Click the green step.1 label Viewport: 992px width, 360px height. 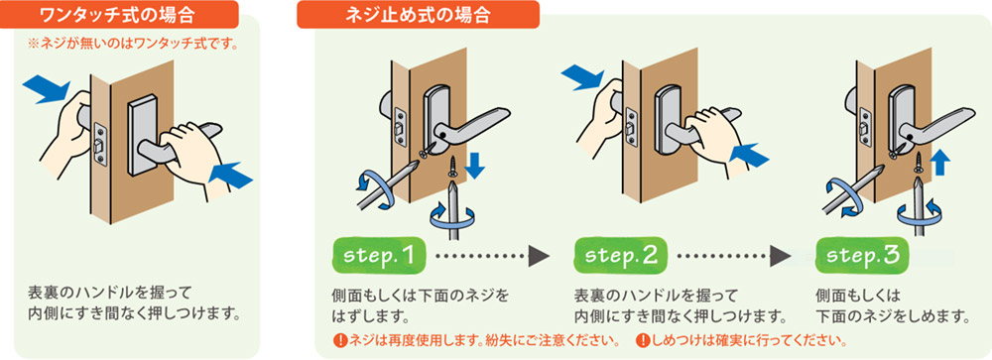coord(379,256)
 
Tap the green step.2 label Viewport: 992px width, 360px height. coord(621,256)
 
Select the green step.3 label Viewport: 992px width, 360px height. coord(862,256)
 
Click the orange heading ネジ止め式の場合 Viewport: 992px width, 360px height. coord(419,14)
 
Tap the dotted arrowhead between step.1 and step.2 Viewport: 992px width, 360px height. coord(539,256)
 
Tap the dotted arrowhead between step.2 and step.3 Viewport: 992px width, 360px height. coord(780,256)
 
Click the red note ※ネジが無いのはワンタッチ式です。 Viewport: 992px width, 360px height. coord(133,46)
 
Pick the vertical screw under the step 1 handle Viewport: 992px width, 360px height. coord(453,168)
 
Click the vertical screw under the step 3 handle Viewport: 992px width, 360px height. coord(918,163)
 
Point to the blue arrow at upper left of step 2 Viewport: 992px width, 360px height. coord(583,76)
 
